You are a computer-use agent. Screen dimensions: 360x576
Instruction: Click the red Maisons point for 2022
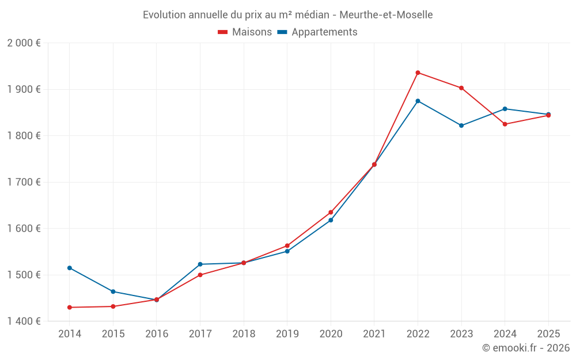tap(418, 73)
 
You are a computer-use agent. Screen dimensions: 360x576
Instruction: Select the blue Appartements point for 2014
tap(70, 268)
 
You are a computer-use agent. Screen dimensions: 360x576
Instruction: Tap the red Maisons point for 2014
tap(70, 308)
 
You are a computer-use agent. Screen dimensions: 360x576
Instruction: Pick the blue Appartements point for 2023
tap(461, 126)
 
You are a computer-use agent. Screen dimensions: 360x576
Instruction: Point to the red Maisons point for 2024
tap(505, 124)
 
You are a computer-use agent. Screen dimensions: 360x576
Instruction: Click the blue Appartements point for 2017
tap(200, 264)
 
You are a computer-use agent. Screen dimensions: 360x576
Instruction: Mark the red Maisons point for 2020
tap(331, 213)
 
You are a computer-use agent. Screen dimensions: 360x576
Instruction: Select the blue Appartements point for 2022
tap(418, 101)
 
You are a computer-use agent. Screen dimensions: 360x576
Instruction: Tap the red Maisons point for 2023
tap(461, 88)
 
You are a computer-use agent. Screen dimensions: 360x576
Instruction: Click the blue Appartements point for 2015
tap(113, 291)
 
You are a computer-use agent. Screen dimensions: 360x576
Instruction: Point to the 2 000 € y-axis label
tap(24, 43)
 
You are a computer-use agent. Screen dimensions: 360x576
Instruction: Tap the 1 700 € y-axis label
tap(24, 182)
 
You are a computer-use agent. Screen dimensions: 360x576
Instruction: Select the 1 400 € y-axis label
tap(24, 321)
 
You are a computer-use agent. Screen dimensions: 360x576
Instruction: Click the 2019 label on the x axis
tap(287, 334)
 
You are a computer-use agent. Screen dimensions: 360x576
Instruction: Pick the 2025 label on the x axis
tap(548, 334)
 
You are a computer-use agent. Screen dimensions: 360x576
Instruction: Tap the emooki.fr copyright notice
tap(525, 348)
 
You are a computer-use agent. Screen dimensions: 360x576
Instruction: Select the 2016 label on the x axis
tap(157, 334)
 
